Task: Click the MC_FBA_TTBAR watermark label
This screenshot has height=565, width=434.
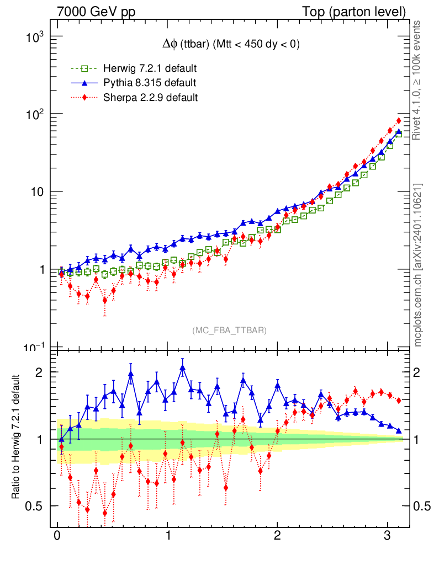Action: (x=230, y=331)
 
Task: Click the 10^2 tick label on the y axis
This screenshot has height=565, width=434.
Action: (x=34, y=115)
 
